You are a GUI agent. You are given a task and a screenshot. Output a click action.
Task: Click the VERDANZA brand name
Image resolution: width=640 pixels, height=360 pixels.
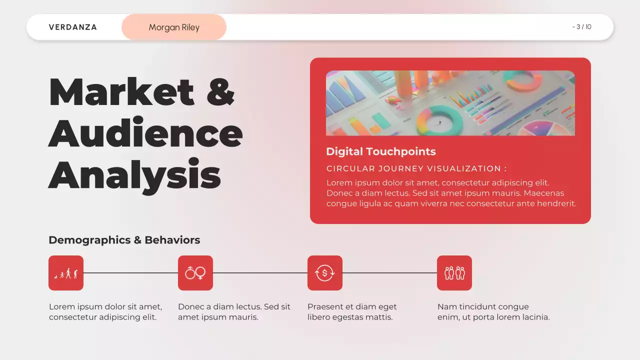point(73,27)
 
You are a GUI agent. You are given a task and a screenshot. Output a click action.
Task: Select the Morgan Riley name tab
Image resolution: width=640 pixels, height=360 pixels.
point(174,27)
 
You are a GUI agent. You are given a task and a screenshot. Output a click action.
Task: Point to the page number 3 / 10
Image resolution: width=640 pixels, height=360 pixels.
point(582,27)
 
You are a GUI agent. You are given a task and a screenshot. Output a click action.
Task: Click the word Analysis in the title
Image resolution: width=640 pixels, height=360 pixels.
point(134,173)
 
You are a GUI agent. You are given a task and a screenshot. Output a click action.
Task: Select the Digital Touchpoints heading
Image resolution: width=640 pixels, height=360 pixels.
point(380,151)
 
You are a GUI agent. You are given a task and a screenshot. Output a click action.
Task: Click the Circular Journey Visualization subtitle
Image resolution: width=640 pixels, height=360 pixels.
point(416,168)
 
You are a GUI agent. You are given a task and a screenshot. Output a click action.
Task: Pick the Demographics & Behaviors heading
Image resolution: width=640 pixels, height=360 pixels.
point(124,240)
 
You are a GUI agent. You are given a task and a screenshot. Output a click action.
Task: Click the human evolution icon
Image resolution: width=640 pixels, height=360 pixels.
point(66,273)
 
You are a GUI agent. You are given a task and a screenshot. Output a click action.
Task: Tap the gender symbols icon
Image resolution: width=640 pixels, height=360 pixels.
point(195,273)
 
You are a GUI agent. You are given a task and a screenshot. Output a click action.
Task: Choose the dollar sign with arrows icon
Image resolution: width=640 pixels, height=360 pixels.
point(325,273)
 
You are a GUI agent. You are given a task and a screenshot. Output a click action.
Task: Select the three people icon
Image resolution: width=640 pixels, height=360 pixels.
point(454,273)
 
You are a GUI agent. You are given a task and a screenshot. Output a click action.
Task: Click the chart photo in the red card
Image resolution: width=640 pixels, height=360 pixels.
point(450,102)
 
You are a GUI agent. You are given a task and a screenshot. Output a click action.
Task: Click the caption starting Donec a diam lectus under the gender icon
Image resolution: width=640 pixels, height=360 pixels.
point(234,312)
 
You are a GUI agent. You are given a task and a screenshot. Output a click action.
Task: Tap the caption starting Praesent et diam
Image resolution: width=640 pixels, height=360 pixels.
point(352,312)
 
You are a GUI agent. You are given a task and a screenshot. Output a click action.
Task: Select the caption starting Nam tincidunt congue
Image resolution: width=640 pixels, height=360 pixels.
point(493,312)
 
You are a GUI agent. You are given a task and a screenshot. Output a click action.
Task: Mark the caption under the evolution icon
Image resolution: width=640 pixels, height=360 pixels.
point(105,312)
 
